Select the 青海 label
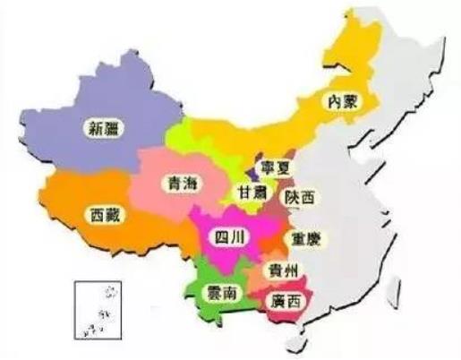coord(174,184)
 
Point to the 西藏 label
coord(107,215)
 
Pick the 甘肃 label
coord(252,193)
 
